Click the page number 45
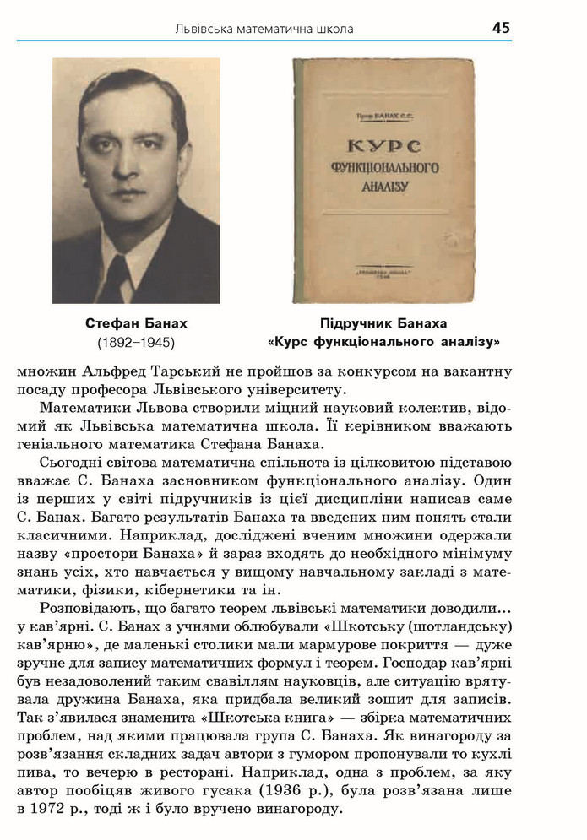point(501,28)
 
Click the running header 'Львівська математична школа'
point(264,30)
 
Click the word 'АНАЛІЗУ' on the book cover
point(384,185)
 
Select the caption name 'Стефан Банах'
point(136,323)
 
